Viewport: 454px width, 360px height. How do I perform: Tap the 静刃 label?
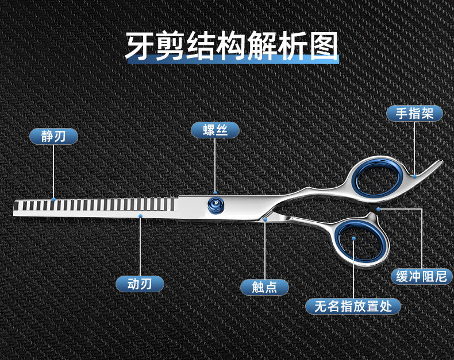[x=54, y=136]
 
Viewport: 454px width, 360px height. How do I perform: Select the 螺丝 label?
[x=216, y=130]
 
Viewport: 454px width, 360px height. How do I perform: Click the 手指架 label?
[x=414, y=113]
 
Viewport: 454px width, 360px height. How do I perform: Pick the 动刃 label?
[x=140, y=284]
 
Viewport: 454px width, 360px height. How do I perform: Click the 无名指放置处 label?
[x=353, y=306]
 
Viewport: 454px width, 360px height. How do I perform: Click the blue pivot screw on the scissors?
[x=216, y=202]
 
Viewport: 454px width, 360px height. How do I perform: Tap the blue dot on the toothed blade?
[x=53, y=199]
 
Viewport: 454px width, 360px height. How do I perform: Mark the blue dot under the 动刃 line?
[x=140, y=216]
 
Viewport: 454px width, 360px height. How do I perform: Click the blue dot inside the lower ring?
[x=353, y=237]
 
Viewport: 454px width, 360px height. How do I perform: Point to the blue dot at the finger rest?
[x=414, y=175]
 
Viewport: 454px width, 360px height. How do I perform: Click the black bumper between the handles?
[x=378, y=209]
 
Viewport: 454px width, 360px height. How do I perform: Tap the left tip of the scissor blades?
[x=15, y=207]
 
